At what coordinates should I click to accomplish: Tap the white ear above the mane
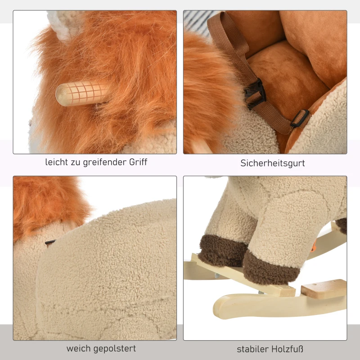[65, 25]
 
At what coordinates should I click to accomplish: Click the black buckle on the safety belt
[255, 94]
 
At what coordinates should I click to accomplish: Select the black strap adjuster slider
[300, 118]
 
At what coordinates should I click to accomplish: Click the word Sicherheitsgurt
[273, 163]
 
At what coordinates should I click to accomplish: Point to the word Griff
[138, 162]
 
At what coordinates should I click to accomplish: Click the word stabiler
[251, 349]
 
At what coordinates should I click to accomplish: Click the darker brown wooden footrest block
[324, 288]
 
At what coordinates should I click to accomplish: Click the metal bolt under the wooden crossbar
[216, 275]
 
